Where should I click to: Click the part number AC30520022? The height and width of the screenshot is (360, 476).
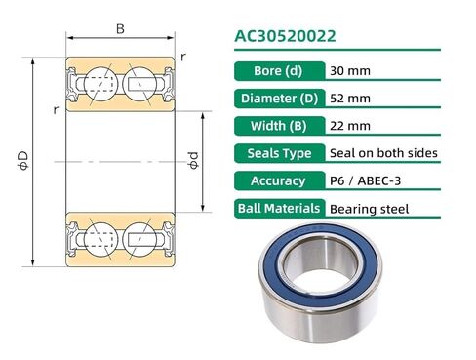(285, 37)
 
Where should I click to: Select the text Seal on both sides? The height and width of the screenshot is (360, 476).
(383, 153)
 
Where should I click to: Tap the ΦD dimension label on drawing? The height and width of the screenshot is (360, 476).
(22, 160)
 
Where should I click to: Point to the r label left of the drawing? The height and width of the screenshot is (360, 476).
(57, 110)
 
